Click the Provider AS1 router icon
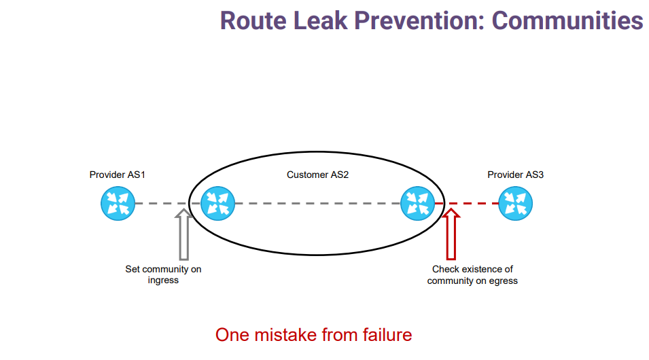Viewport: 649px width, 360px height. (x=118, y=203)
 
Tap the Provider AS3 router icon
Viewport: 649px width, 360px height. (x=515, y=203)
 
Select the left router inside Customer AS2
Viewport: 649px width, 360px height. (x=217, y=203)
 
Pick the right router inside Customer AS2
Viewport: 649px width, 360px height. (x=418, y=203)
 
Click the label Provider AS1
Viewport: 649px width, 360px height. (x=118, y=175)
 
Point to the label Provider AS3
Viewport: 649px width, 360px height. (x=515, y=175)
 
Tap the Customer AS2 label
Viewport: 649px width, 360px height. (x=317, y=175)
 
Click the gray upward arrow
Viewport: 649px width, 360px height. (x=183, y=234)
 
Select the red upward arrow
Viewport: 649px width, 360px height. (x=451, y=234)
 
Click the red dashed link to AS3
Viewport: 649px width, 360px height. (x=466, y=203)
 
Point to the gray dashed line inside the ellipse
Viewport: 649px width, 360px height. (x=317, y=203)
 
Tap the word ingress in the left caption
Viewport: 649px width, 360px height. (x=163, y=281)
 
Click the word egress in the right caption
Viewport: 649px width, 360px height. (x=504, y=281)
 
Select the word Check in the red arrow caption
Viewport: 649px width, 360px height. (x=445, y=269)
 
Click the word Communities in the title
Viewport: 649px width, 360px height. (x=567, y=20)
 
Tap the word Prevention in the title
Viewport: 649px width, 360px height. (x=419, y=20)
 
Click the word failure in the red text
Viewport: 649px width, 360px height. (x=387, y=335)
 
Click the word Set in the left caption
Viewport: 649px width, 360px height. (x=133, y=269)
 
